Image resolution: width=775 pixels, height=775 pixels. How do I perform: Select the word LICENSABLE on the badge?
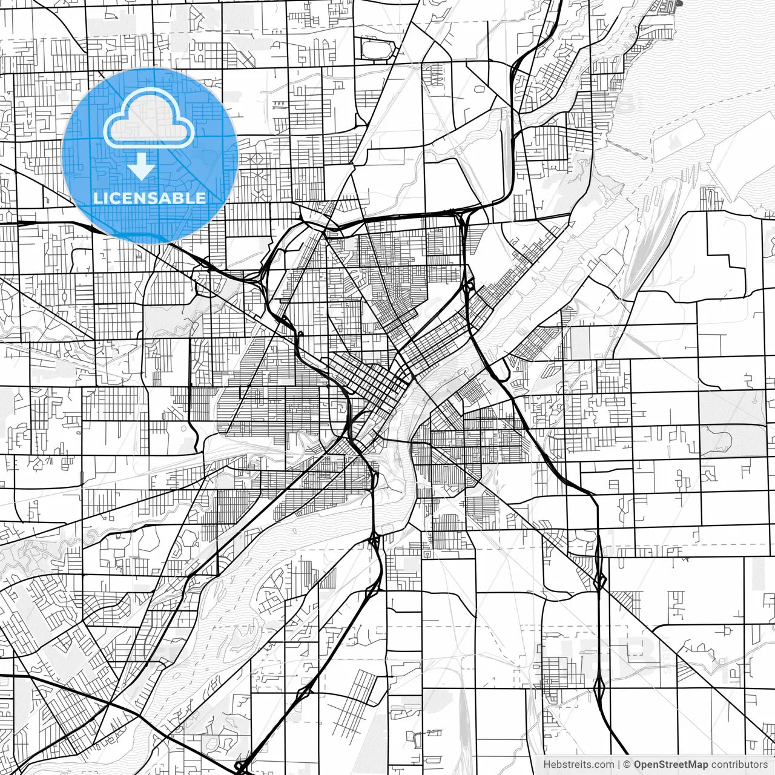[150, 198]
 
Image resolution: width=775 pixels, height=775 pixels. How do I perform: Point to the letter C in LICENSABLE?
[119, 198]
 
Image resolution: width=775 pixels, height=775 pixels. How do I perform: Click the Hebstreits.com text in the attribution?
[578, 765]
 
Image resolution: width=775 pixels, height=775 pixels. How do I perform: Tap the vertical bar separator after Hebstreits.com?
[619, 765]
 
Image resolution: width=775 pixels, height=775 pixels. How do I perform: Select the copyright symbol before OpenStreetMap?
[627, 765]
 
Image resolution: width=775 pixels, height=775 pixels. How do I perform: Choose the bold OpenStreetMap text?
[671, 765]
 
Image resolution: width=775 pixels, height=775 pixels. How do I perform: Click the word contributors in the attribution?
[739, 765]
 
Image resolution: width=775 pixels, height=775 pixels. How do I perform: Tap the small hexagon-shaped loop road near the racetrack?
[479, 90]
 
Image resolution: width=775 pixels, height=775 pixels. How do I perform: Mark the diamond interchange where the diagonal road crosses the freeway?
[600, 581]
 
